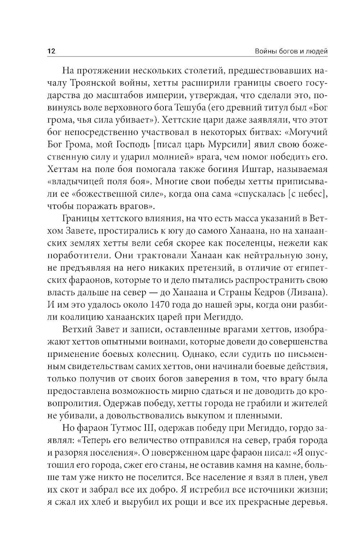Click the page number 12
pyautogui.click(x=51, y=51)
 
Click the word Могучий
pyautogui.click(x=310, y=132)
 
